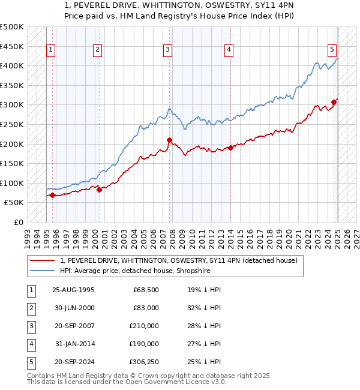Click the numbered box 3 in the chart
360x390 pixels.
click(167, 50)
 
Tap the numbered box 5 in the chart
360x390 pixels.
click(332, 50)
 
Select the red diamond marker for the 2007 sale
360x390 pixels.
click(169, 140)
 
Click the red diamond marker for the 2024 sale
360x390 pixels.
click(334, 103)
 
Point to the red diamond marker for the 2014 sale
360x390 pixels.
click(230, 148)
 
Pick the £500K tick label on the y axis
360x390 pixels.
click(12, 27)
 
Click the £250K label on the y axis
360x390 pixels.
click(12, 124)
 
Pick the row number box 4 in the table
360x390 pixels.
click(29, 344)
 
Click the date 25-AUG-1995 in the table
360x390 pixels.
click(73, 290)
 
